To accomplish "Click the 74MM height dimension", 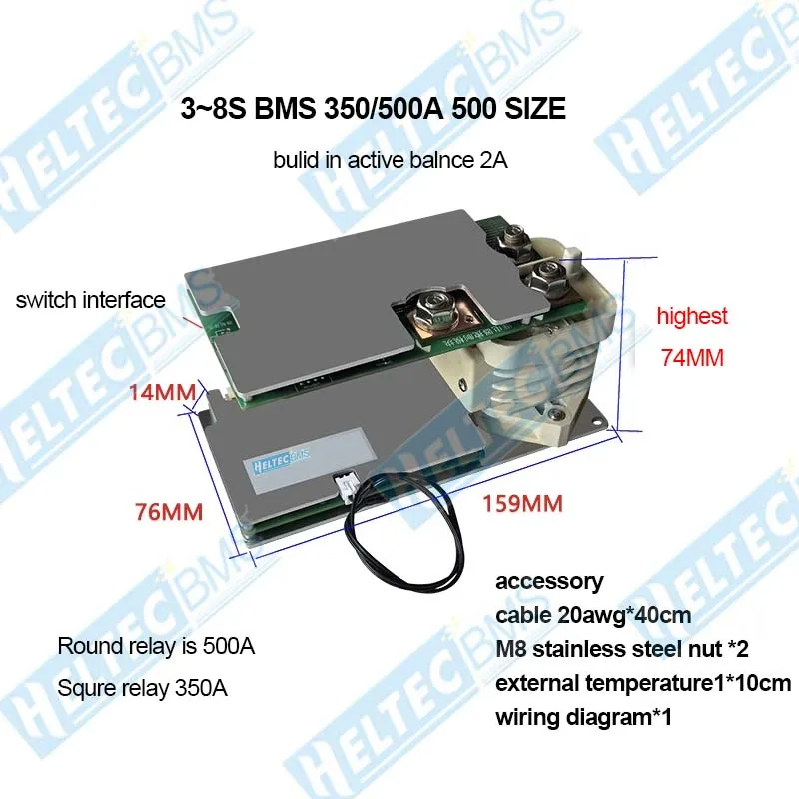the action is coord(691,357).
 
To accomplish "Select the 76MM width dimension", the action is coord(169,512).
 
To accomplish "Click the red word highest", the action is coord(692,316).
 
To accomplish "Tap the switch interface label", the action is coord(90,299).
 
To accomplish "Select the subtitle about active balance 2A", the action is coord(391,160).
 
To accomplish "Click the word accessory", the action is coord(549,581).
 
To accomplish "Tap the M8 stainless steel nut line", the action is coord(621,649).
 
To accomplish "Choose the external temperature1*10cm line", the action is coord(643,684).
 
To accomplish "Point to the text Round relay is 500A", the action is coord(156,646).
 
